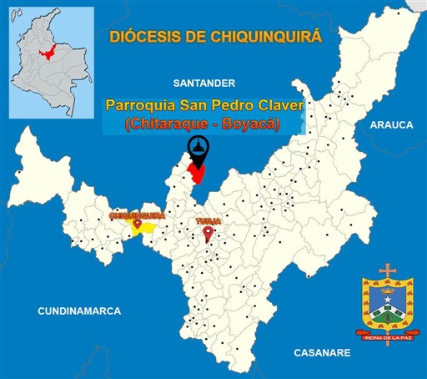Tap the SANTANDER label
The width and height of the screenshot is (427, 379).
point(203,83)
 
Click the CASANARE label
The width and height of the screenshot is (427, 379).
point(321,353)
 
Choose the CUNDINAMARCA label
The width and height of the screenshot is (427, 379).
point(78,311)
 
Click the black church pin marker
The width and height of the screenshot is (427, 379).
point(197,148)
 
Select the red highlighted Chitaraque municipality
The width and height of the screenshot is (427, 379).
point(197,174)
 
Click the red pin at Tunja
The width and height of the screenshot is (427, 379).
point(208,233)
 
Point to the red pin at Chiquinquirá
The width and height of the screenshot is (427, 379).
point(137,223)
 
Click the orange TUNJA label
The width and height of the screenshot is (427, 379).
point(208,221)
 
